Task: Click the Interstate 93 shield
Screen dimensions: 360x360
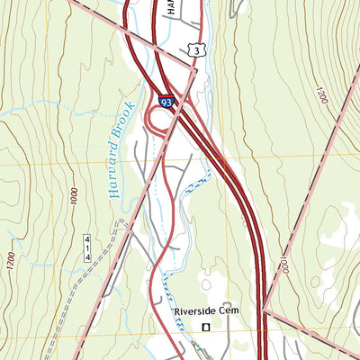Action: [166, 103]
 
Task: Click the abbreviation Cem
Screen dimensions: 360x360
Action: [226, 310]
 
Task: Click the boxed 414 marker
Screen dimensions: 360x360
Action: [88, 247]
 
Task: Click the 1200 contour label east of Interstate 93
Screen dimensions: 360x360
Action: [321, 94]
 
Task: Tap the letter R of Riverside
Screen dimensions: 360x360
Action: [176, 311]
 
